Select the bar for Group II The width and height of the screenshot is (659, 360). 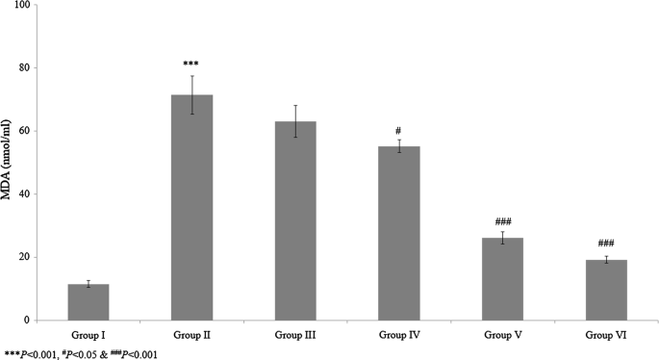(x=191, y=208)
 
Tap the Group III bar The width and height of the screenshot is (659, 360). (x=295, y=221)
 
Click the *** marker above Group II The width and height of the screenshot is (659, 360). (x=191, y=64)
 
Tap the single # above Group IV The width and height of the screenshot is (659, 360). (x=398, y=131)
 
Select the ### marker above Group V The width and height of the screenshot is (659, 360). (x=502, y=221)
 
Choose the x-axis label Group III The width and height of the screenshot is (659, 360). (x=295, y=334)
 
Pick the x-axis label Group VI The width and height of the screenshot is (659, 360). (x=605, y=334)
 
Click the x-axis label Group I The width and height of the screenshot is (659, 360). (x=89, y=334)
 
